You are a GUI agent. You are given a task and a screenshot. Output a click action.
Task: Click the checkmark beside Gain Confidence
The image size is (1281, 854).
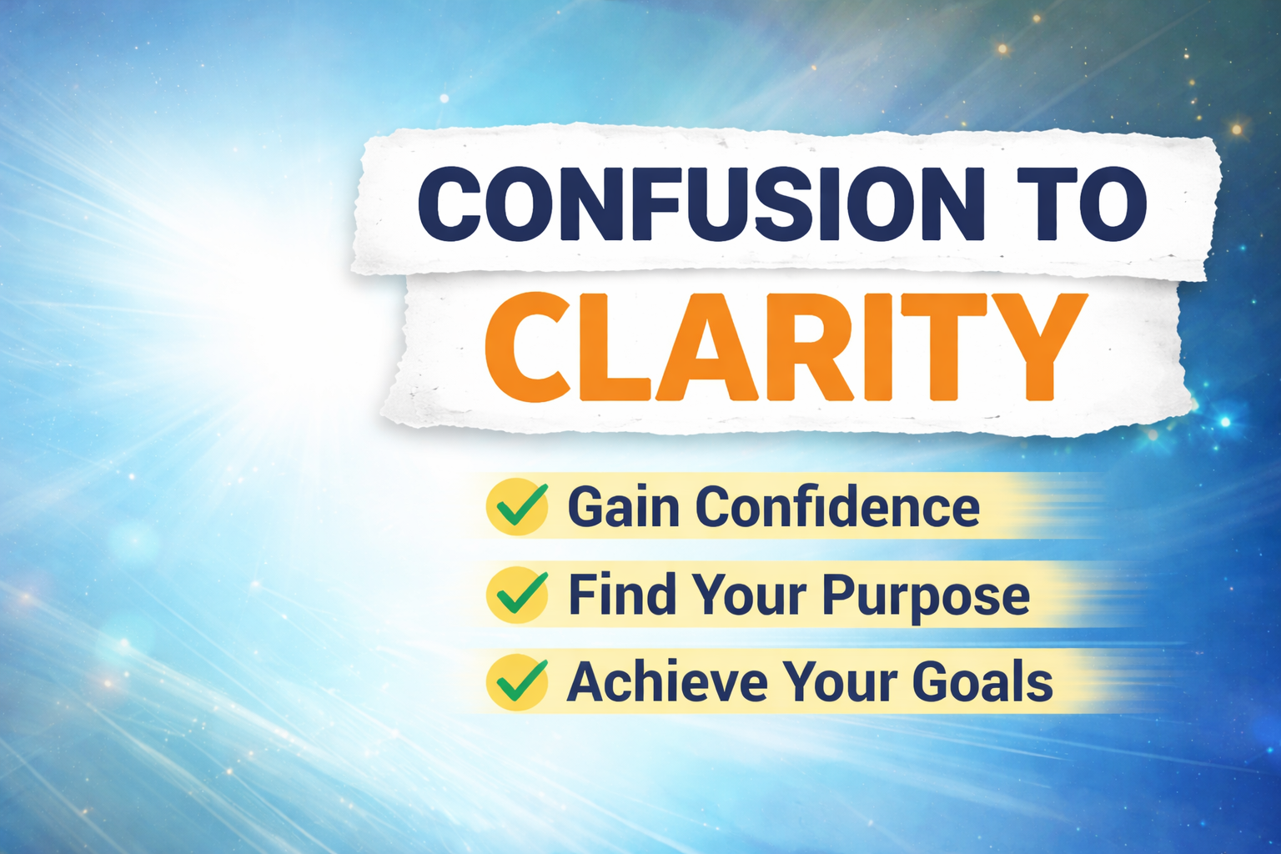(x=521, y=505)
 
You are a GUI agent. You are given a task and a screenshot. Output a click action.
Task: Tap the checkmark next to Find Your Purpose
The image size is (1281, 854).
(x=521, y=593)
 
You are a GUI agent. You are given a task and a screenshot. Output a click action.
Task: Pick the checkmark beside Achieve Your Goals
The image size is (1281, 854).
(x=521, y=681)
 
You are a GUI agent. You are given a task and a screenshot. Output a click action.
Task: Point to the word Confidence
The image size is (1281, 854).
(x=838, y=505)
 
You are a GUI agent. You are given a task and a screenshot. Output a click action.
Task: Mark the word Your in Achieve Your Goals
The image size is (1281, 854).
(x=840, y=681)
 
